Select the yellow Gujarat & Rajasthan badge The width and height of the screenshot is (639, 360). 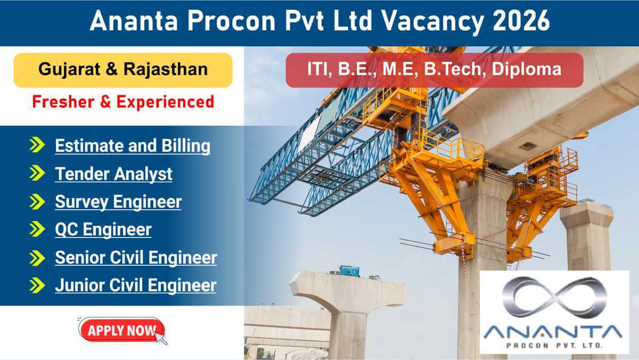tap(123, 70)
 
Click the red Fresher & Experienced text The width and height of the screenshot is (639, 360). tap(123, 101)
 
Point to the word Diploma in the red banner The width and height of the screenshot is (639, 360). tap(526, 70)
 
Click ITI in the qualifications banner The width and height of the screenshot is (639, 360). tap(318, 70)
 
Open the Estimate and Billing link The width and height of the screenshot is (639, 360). tap(133, 146)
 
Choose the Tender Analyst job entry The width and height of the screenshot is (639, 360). tap(113, 174)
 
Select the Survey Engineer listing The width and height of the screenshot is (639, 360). tap(118, 202)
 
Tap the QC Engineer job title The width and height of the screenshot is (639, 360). tap(103, 230)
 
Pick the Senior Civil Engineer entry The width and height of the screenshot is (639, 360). tap(136, 258)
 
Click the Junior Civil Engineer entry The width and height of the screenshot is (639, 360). tap(135, 285)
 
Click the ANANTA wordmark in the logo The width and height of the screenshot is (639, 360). tap(554, 332)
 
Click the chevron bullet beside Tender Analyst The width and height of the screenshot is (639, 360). tap(37, 174)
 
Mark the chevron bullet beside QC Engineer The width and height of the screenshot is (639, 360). tap(37, 230)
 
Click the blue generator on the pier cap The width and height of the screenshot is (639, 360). tap(349, 270)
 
